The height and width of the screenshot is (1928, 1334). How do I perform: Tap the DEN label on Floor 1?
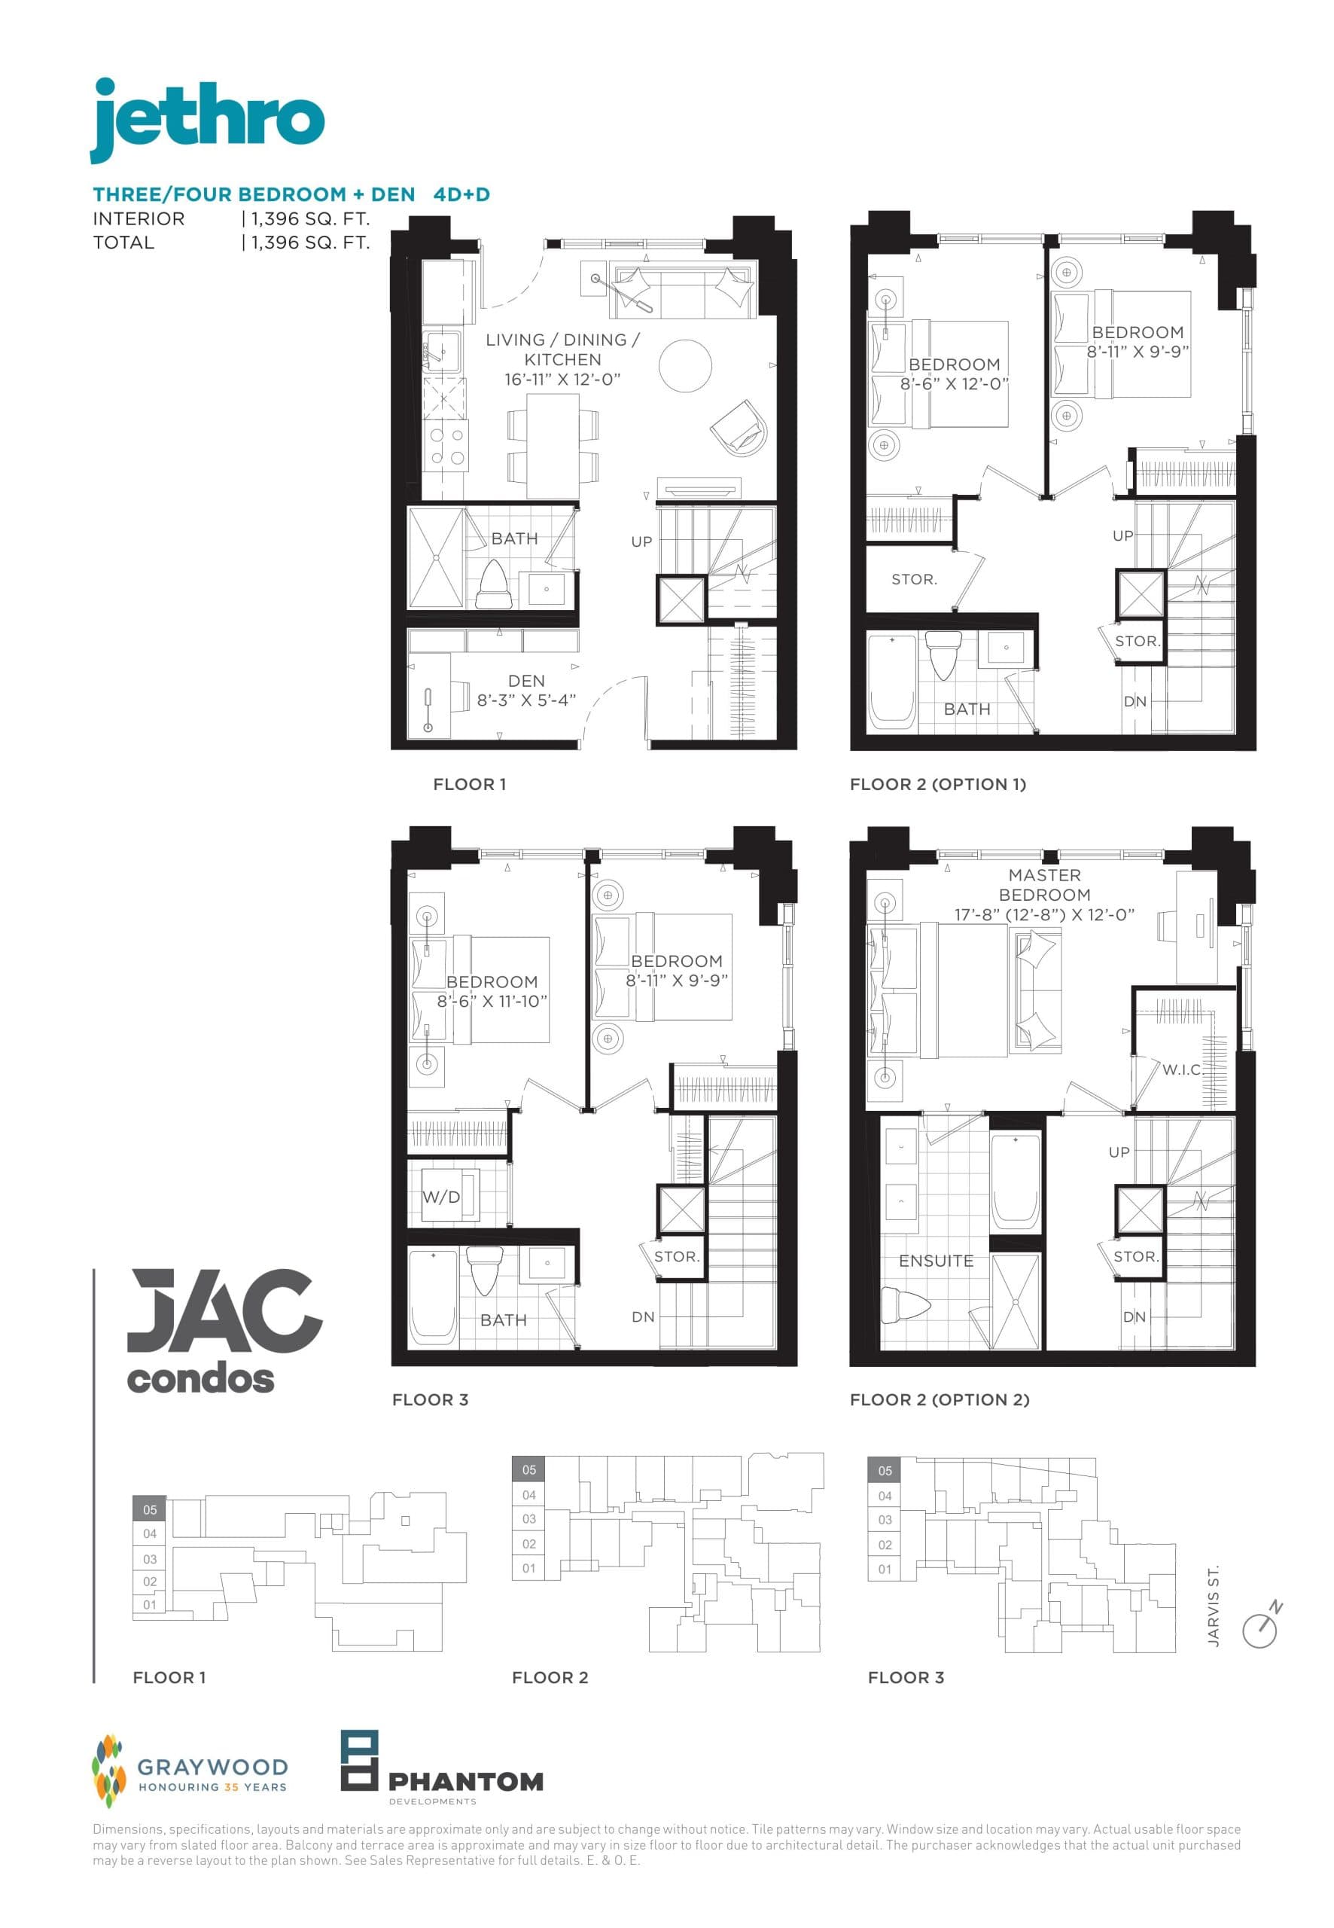[525, 682]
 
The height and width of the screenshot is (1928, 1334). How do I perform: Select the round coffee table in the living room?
[684, 365]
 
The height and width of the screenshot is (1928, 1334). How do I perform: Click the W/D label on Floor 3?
[441, 1197]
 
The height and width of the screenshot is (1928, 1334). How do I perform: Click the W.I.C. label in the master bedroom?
[1181, 1069]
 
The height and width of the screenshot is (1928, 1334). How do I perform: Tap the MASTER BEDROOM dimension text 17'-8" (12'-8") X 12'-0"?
[1044, 915]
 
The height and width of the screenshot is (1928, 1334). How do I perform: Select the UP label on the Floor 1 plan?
[641, 541]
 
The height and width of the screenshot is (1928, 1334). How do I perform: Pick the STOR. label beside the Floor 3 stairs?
[676, 1257]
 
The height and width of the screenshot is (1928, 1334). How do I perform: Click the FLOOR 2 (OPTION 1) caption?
[937, 784]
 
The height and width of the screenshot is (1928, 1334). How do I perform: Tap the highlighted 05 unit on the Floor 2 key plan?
[529, 1470]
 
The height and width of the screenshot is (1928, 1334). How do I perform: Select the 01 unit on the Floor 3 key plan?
[885, 1570]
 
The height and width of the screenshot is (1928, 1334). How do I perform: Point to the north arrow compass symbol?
[1261, 1626]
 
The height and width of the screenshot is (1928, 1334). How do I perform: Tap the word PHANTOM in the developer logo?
[465, 1781]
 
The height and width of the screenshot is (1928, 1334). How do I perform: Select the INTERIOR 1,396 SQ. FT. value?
[310, 219]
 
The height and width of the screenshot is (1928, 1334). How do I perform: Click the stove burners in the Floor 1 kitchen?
[446, 447]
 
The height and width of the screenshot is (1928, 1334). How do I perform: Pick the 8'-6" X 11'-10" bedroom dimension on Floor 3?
[492, 1002]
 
